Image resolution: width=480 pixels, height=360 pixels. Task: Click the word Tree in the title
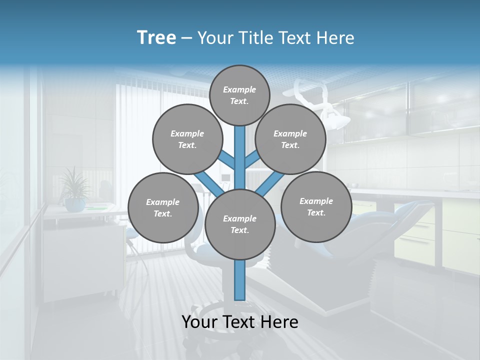156,38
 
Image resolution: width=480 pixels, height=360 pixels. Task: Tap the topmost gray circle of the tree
239,95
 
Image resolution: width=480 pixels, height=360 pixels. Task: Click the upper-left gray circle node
187,139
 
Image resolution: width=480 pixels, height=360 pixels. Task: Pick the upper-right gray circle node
290,139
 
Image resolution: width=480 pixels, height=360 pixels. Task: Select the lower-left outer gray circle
163,207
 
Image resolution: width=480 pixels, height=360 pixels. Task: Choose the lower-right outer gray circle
316,206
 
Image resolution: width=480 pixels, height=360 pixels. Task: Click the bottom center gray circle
240,224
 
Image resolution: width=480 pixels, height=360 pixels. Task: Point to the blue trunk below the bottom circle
240,280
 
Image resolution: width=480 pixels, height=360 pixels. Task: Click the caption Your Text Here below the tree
240,322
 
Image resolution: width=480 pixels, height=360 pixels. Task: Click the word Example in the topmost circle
239,89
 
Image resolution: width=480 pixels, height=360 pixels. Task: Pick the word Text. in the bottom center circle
240,230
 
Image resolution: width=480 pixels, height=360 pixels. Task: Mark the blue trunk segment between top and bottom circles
240,157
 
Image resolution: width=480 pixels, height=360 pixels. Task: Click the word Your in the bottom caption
199,322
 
